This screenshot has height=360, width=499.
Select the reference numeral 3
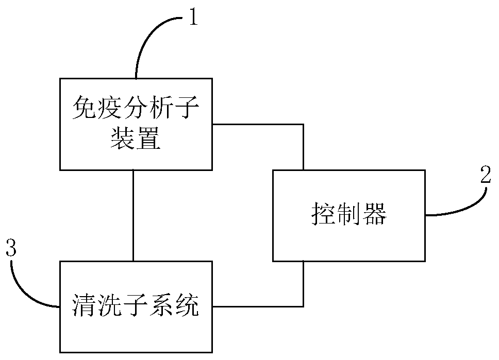11,249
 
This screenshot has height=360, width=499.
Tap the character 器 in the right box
375,214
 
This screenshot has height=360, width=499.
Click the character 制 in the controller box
349,214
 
